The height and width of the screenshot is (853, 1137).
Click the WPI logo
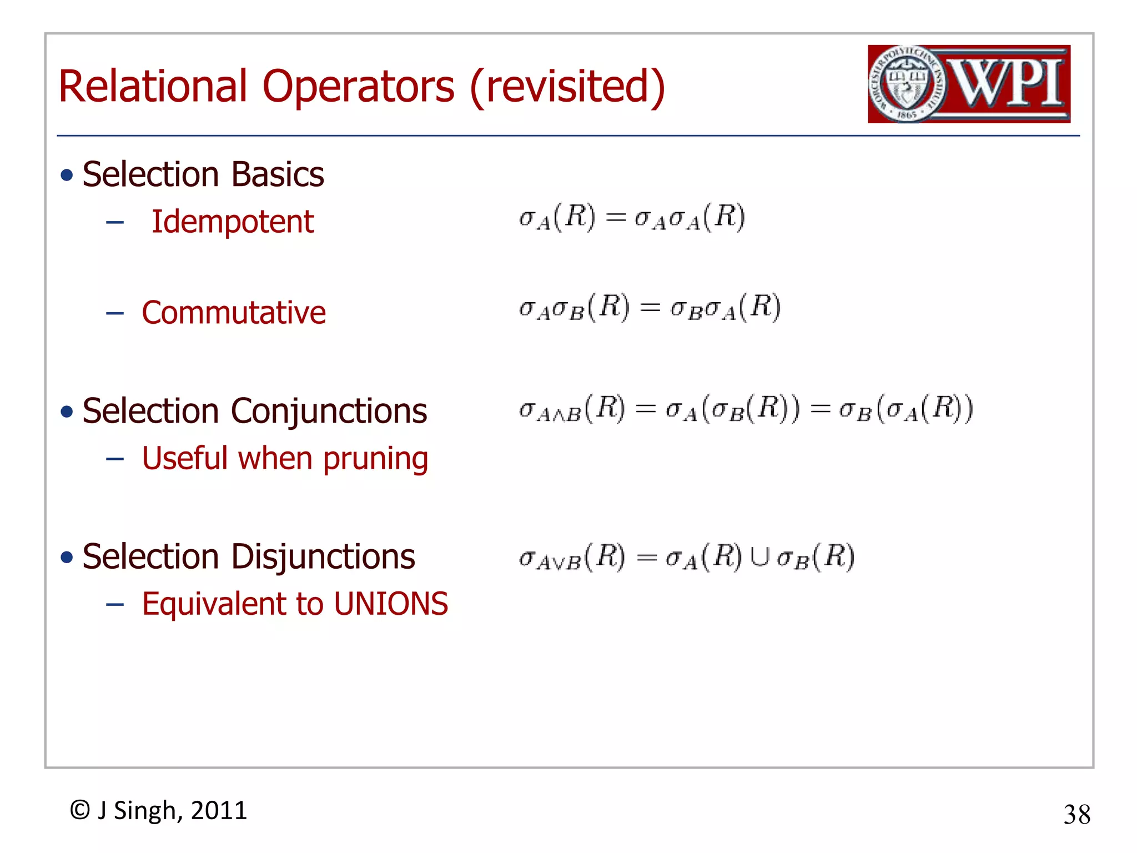969,84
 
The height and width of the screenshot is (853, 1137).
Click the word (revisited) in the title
567,87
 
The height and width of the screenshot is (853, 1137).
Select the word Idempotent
233,222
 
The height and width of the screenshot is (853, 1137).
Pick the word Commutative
234,313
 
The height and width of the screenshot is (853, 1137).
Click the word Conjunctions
329,412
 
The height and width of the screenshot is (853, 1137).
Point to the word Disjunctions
323,557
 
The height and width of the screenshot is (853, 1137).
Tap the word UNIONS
391,604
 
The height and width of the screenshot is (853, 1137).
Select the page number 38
1076,815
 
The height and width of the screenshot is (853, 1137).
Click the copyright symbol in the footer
80,810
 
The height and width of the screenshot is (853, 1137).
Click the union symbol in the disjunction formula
759,557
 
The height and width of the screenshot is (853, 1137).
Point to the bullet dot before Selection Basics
67,175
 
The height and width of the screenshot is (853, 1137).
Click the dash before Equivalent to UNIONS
114,605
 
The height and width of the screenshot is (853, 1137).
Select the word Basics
278,175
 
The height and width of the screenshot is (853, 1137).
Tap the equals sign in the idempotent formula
615,217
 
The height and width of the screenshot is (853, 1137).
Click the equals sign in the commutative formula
650,308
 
